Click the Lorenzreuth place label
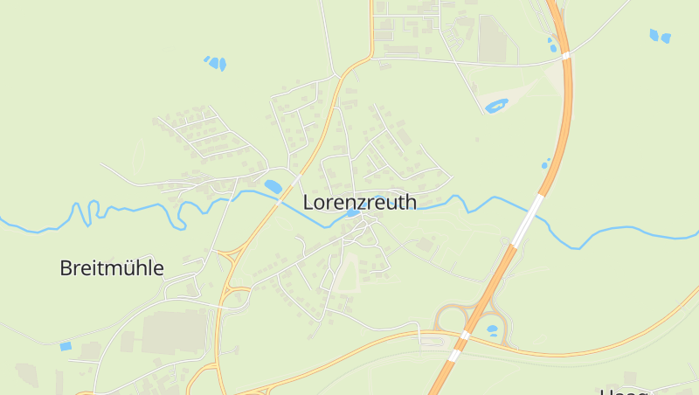pos(359,202)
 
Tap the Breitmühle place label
pos(112,268)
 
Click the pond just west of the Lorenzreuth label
pos(273,186)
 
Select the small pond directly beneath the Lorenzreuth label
pos(352,213)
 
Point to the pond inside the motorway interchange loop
pos(492,330)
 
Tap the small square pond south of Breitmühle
pos(66,346)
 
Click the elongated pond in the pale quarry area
pos(496,107)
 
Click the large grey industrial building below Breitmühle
pos(175,331)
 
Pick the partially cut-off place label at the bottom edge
pos(624,391)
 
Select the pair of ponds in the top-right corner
pos(660,36)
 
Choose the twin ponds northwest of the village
pos(215,62)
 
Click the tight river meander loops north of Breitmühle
pos(83,213)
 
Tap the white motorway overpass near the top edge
pos(566,55)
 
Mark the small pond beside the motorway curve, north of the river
pos(546,163)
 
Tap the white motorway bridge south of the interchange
pos(454,355)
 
